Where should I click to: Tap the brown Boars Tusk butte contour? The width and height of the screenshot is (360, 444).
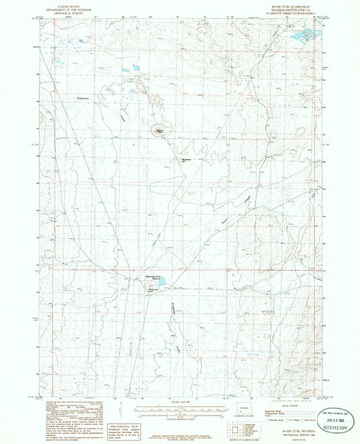160,130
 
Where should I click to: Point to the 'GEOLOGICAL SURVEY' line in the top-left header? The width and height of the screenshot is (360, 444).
74,13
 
